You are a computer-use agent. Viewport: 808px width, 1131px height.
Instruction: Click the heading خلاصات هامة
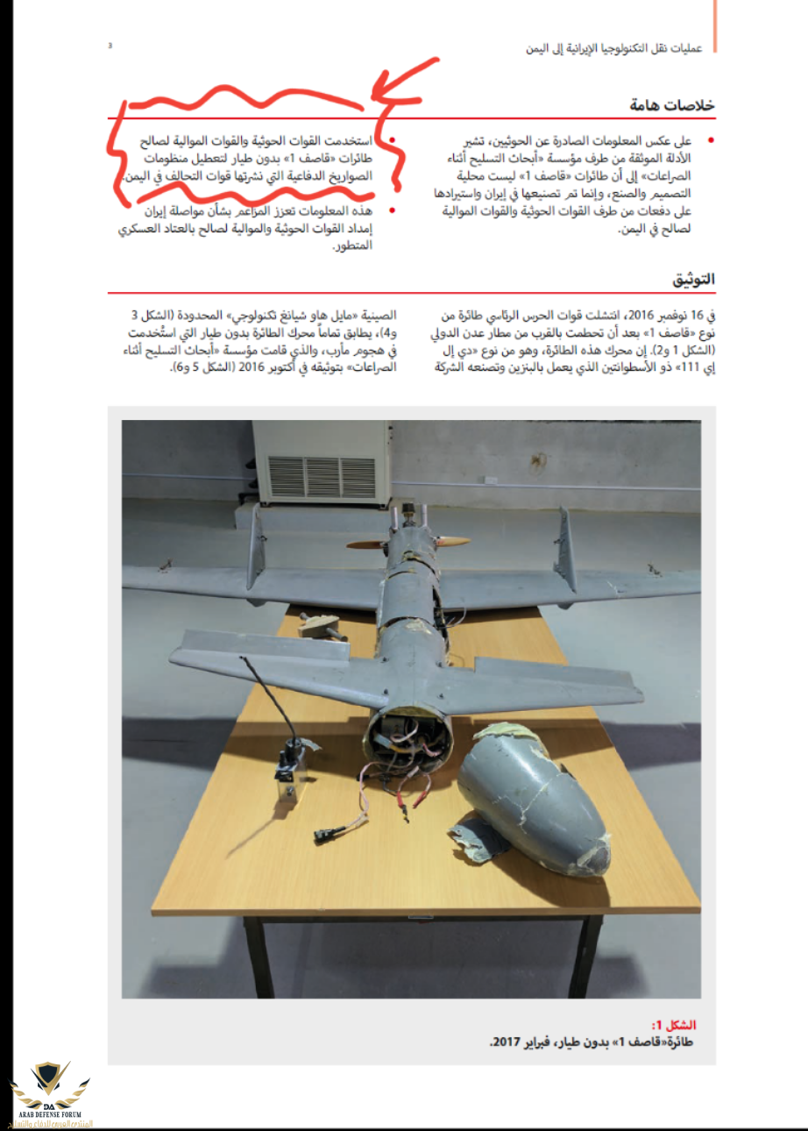click(x=671, y=105)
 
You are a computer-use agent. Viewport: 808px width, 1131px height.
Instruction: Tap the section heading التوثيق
click(x=693, y=280)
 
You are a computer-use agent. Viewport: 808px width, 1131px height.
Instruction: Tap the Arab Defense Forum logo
click(x=51, y=1092)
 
